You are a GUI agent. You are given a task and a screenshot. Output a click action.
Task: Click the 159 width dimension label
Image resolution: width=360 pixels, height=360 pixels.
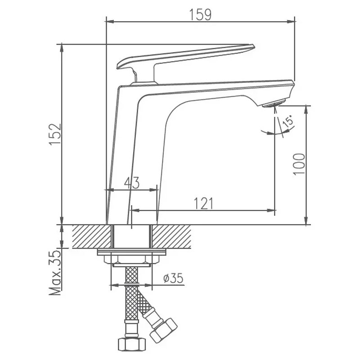click(200, 15)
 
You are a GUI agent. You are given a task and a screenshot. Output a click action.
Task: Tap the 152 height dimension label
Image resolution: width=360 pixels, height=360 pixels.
click(55, 134)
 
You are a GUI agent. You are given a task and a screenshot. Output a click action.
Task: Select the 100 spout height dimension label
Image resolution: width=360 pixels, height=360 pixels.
click(299, 164)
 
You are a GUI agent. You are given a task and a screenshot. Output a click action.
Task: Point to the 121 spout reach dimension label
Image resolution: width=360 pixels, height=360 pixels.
click(203, 203)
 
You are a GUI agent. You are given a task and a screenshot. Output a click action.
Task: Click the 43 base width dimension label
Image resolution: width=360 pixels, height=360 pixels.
click(132, 183)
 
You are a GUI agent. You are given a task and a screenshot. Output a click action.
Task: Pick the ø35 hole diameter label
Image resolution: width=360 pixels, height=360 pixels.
click(173, 278)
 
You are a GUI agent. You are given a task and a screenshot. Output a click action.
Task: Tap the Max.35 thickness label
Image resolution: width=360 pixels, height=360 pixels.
click(55, 273)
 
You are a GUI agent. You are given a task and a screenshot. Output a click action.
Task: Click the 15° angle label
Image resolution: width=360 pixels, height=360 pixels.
click(288, 121)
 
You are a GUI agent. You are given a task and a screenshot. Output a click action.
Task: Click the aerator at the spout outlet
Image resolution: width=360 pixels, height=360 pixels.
click(274, 103)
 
